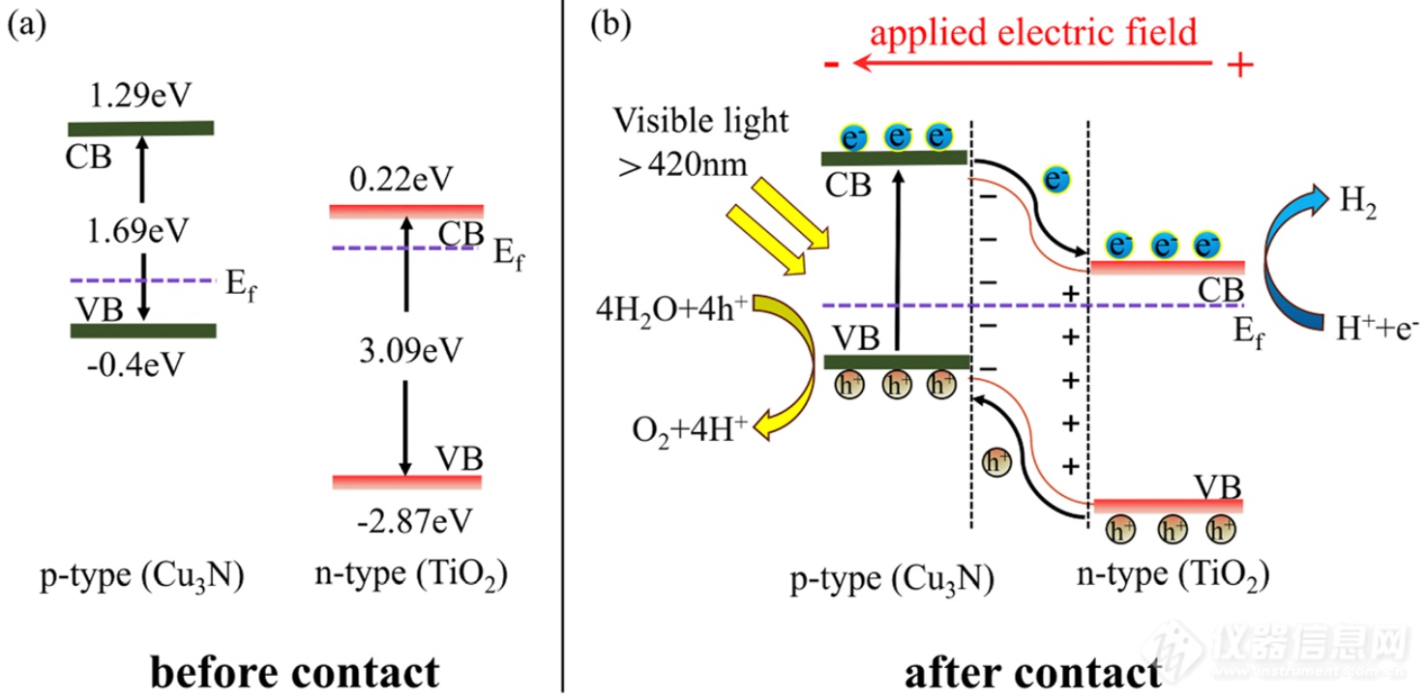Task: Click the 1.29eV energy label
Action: [140, 97]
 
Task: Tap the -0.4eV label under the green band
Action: [141, 366]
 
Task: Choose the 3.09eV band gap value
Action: [403, 346]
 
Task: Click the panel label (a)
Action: [26, 26]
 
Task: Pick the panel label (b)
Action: [609, 26]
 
